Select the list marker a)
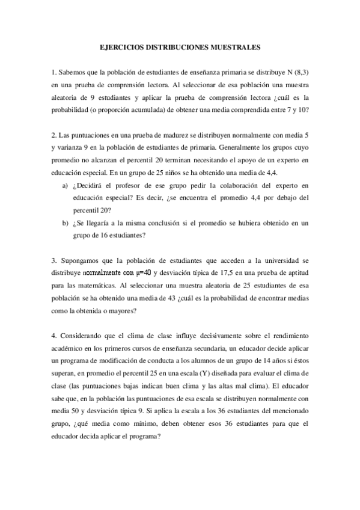[64, 185]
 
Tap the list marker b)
[64, 223]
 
